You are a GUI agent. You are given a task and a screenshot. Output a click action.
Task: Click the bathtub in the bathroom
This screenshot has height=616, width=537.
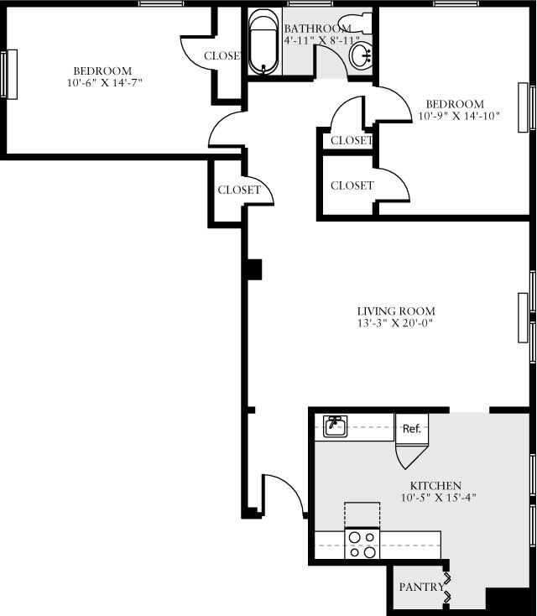click(263, 42)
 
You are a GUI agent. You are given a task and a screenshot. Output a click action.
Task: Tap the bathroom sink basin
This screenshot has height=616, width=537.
click(362, 56)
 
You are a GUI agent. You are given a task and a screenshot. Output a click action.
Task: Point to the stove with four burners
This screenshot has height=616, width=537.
click(362, 543)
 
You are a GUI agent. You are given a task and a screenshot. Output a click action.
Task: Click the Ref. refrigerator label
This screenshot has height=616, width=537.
click(411, 428)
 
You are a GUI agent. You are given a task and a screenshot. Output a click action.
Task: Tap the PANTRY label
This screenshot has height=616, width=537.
click(420, 587)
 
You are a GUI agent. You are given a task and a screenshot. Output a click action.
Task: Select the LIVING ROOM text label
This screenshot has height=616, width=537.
click(396, 311)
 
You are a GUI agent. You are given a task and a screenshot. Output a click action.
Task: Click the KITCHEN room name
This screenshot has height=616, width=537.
click(435, 486)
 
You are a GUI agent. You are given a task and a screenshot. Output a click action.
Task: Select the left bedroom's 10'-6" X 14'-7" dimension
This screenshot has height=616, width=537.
click(102, 82)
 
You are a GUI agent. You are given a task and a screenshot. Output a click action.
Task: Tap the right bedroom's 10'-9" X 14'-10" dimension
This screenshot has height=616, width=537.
click(459, 117)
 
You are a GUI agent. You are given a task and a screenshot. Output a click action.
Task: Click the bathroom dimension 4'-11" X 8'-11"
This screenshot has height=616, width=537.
click(321, 40)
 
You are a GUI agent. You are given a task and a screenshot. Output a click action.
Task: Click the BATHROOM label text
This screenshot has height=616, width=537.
click(317, 29)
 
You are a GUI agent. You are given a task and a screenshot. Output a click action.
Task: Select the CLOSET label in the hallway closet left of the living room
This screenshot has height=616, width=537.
click(239, 191)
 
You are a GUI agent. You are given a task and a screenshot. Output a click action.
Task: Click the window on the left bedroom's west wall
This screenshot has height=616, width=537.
click(9, 75)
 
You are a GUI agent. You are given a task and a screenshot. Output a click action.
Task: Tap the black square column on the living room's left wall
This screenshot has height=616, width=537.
click(253, 269)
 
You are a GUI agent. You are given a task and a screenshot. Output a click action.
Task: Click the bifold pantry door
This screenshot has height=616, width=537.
click(447, 587)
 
